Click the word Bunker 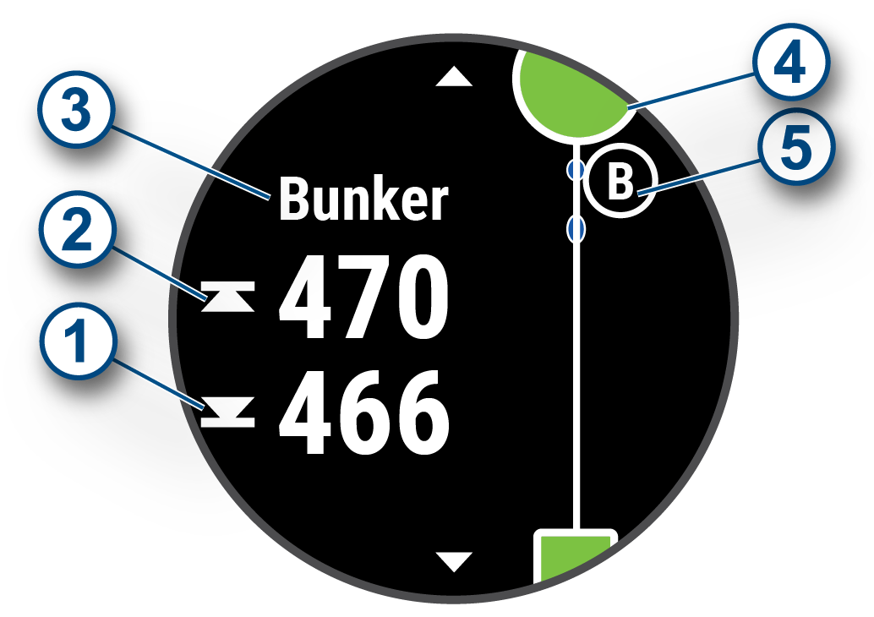pyautogui.click(x=363, y=201)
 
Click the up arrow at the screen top pyautogui.click(x=456, y=78)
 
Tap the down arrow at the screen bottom pyautogui.click(x=456, y=560)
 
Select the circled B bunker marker pyautogui.click(x=621, y=183)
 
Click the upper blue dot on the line pyautogui.click(x=576, y=171)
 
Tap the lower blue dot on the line pyautogui.click(x=576, y=227)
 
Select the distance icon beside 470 pyautogui.click(x=228, y=298)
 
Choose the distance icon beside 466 pyautogui.click(x=228, y=414)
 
